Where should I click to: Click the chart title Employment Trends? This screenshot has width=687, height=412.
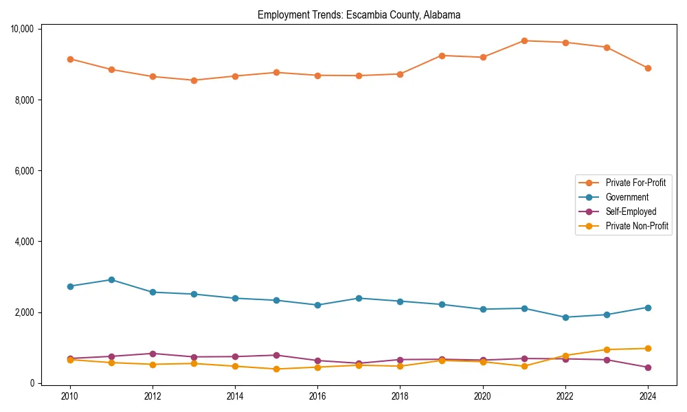tap(359, 14)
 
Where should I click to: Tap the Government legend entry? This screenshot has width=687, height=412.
tap(627, 197)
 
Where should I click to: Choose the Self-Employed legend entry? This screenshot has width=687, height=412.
tap(631, 211)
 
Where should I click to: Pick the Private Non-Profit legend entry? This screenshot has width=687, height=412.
tap(637, 226)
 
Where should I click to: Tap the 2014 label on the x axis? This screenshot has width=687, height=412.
tap(235, 396)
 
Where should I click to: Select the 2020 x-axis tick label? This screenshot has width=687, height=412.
tap(482, 396)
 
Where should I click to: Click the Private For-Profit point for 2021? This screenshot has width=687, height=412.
tap(524, 41)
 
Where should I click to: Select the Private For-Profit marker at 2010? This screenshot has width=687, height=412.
tap(70, 59)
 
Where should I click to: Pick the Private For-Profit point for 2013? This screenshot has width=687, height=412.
tap(194, 80)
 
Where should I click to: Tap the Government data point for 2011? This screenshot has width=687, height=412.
tap(111, 279)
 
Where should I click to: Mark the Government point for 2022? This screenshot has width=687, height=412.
tap(565, 317)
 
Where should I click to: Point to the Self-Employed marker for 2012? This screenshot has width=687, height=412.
tap(153, 354)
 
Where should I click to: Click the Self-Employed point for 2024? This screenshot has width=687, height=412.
tap(648, 367)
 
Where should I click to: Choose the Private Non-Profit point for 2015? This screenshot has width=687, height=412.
tap(276, 369)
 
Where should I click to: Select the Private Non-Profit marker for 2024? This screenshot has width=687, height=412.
tap(648, 348)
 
